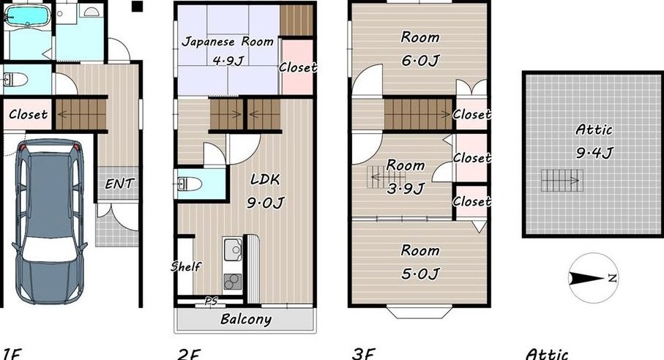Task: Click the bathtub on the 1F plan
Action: point(26,17)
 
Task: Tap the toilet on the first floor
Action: point(15,79)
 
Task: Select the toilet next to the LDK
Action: point(190,184)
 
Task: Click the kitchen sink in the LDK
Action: point(232,250)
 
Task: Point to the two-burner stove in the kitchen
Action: point(233,281)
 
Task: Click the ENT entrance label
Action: point(119,184)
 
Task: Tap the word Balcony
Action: point(245,319)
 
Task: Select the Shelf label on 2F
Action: point(186,266)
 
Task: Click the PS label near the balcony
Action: point(211,301)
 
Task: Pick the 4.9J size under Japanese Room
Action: point(228,61)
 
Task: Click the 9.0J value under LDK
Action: point(266,203)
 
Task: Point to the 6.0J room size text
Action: point(420,61)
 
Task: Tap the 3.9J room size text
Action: point(406,188)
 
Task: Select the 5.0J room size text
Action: point(420,273)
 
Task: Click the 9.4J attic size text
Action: point(594,152)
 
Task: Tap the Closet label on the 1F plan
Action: point(28,114)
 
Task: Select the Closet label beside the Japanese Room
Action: point(298,67)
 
